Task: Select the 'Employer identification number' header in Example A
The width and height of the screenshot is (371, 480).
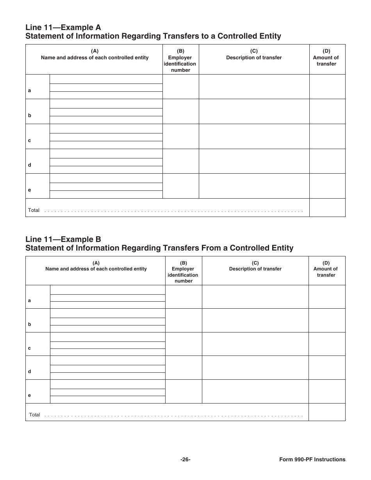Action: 180,60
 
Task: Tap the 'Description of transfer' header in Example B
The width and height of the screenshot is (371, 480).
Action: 255,269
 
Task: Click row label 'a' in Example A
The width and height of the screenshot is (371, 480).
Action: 29,91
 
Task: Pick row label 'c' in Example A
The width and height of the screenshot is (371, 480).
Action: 29,140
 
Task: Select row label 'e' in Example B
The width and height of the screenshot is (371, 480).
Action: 29,395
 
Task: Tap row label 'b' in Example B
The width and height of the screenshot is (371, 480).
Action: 29,324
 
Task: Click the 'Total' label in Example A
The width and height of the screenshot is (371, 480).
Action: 34,210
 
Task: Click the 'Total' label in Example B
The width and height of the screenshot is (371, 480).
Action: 34,415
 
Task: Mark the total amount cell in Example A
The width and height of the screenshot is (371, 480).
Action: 327,208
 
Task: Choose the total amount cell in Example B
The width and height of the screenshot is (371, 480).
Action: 327,412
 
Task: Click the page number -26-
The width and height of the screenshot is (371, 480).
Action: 185,460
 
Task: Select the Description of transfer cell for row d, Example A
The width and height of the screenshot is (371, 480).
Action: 254,161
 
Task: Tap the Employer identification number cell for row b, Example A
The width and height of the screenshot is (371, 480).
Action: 180,111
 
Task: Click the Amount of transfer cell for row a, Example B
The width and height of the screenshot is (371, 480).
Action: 327,297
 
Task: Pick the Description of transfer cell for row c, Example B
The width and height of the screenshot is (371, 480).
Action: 255,344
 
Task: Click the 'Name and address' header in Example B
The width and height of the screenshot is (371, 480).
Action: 96,269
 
